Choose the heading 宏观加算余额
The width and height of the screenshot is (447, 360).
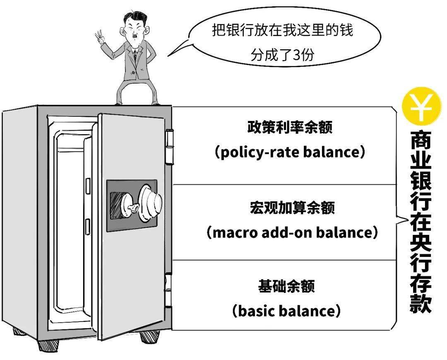point(292,208)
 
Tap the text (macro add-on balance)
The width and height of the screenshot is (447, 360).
point(292,232)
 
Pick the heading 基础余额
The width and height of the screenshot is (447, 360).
point(286,286)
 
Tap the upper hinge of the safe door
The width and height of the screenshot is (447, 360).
point(170,147)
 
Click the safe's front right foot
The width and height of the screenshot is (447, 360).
point(150,337)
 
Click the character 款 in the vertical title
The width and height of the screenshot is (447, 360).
point(421,302)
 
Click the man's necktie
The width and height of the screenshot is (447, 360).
point(135,56)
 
